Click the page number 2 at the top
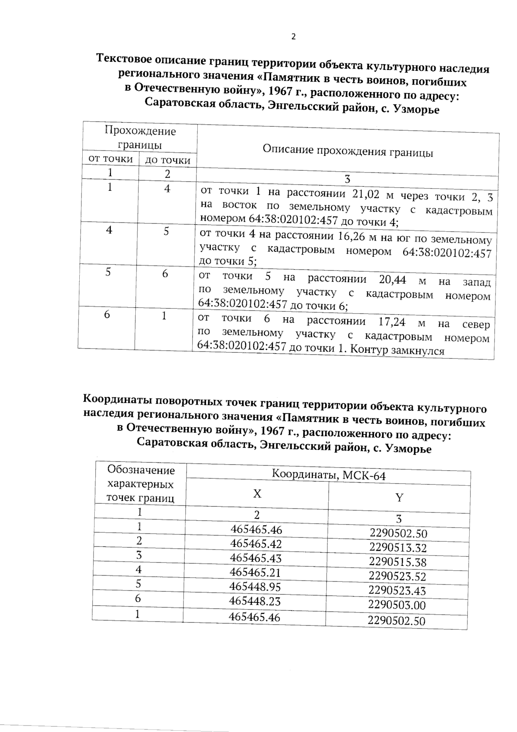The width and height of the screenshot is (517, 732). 293,37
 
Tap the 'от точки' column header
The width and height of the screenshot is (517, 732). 110,158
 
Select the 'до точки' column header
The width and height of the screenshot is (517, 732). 168,160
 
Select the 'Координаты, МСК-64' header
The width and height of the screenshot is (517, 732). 328,475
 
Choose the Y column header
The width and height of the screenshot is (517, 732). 399,498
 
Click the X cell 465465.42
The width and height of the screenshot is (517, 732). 255,543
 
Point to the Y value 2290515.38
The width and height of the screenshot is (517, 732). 398,562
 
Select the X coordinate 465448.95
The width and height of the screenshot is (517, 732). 255,587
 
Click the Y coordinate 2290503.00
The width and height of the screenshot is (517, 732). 397,605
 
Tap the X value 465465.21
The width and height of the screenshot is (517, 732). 255,572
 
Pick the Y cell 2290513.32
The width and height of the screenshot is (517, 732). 398,548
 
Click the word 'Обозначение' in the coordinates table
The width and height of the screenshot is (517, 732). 141,470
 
